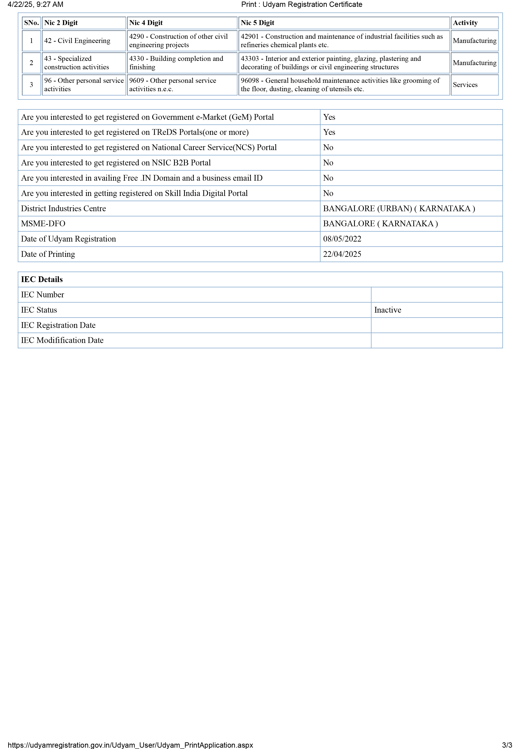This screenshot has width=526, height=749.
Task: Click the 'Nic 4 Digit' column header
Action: click(x=146, y=23)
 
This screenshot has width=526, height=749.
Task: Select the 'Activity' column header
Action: click(x=465, y=23)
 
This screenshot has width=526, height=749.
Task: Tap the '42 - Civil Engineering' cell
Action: click(x=77, y=41)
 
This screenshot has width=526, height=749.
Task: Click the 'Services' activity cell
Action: click(x=465, y=85)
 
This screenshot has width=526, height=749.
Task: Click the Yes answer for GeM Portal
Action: click(x=329, y=117)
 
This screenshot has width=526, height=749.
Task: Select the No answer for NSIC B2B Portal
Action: click(x=328, y=163)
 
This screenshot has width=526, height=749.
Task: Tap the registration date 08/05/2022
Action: click(x=342, y=239)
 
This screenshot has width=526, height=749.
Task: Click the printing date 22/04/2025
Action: click(x=342, y=254)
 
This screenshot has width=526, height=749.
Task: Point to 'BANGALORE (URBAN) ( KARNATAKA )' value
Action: click(x=399, y=209)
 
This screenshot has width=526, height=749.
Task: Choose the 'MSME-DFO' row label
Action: click(x=43, y=224)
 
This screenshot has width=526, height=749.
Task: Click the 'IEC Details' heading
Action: click(x=42, y=280)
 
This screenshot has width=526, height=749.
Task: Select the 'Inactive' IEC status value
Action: click(x=387, y=310)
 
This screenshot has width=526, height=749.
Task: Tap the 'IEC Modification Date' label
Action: click(x=62, y=340)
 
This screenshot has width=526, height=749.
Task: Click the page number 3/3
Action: click(x=507, y=745)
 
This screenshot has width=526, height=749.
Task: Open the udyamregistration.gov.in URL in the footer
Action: click(x=130, y=745)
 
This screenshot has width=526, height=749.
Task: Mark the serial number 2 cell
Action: click(x=31, y=63)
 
